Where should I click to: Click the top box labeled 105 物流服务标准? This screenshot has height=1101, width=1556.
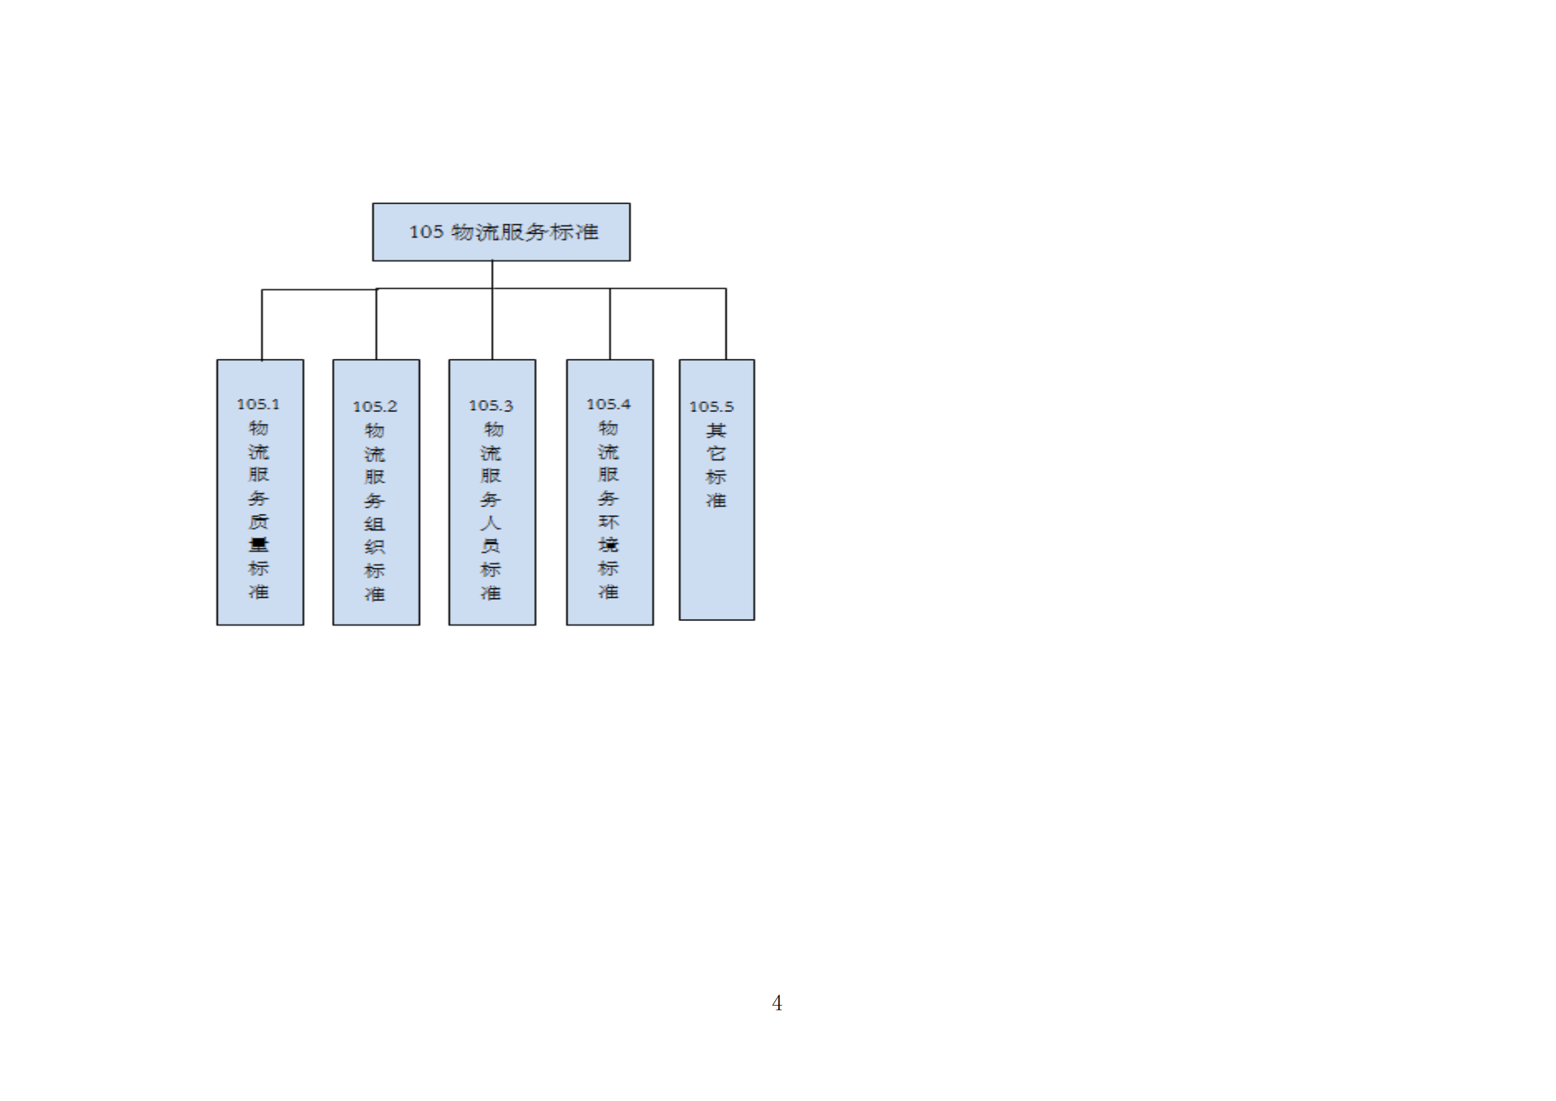tap(502, 232)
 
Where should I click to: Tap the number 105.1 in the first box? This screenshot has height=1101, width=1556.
tap(257, 404)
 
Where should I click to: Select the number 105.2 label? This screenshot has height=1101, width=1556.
tap(375, 407)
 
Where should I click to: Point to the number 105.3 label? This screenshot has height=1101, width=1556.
tap(491, 405)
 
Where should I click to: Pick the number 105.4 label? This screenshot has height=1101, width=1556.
tap(608, 404)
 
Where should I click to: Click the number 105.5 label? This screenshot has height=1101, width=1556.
tap(711, 407)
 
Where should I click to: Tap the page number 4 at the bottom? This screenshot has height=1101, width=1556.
tap(776, 1002)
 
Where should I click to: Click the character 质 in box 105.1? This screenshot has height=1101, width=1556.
tap(258, 521)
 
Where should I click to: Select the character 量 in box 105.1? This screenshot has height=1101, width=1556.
tap(258, 545)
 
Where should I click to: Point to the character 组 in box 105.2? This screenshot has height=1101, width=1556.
tap(375, 524)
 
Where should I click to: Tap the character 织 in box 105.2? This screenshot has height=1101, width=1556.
tap(375, 547)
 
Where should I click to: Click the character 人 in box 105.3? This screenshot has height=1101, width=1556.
tap(491, 523)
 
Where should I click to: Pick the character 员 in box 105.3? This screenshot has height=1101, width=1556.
tap(491, 546)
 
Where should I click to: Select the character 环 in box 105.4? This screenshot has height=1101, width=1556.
tap(608, 521)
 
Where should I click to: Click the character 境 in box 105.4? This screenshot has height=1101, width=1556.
tap(608, 545)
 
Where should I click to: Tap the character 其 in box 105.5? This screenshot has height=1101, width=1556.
tap(716, 430)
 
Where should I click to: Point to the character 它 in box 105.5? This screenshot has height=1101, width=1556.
tap(716, 453)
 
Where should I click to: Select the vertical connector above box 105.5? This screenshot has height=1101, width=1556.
tap(726, 324)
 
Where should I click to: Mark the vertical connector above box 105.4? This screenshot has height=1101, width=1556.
tap(610, 324)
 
